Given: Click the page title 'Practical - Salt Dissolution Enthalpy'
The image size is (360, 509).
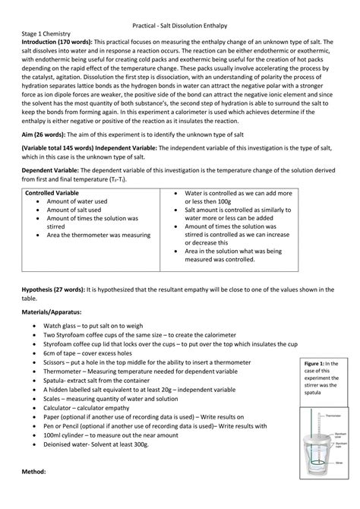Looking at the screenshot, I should click(179, 25).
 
